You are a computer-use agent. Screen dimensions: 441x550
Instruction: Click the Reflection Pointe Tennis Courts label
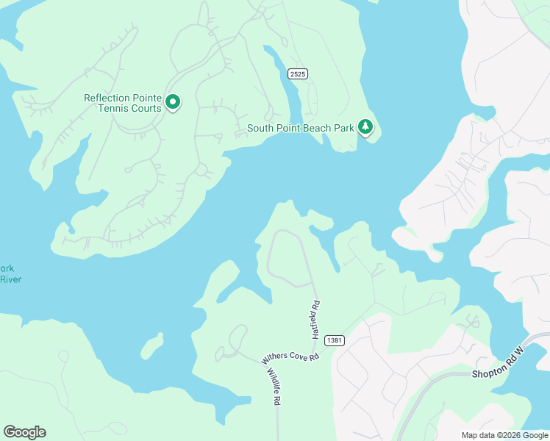(x=122, y=103)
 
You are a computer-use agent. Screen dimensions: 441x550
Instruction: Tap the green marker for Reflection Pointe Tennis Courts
(x=174, y=102)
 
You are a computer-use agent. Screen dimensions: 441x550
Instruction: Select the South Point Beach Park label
(x=300, y=128)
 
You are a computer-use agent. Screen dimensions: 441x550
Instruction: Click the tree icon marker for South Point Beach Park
(x=365, y=127)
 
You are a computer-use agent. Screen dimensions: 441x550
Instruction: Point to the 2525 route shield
(x=297, y=73)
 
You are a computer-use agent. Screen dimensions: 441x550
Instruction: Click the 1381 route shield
(x=334, y=340)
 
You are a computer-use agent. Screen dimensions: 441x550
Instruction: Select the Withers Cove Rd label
(x=290, y=357)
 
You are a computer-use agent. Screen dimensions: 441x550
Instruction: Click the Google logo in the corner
(x=24, y=432)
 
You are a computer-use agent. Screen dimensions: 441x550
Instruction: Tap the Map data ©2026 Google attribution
(x=504, y=435)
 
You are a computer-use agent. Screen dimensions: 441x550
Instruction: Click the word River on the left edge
(x=10, y=279)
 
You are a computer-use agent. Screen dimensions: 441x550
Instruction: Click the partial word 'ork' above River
(x=7, y=268)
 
